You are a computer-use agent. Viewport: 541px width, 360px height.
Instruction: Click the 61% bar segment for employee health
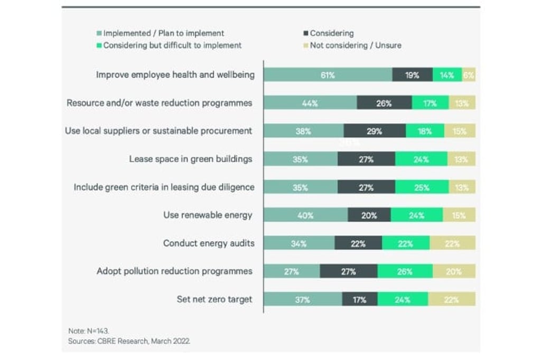click(x=328, y=75)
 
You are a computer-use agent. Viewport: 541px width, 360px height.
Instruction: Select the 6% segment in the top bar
click(x=469, y=75)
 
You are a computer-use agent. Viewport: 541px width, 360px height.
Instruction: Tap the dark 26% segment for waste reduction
click(x=384, y=103)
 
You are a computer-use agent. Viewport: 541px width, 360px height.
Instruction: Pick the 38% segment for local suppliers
click(x=303, y=131)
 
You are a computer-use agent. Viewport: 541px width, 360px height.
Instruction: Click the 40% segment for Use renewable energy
click(x=305, y=215)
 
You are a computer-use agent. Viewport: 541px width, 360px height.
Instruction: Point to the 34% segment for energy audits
click(x=299, y=243)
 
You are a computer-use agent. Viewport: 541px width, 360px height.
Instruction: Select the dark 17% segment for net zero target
click(x=360, y=299)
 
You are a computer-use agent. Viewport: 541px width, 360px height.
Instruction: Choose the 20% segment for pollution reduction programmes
click(x=454, y=271)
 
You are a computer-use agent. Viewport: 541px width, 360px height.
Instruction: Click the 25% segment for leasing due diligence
click(x=422, y=187)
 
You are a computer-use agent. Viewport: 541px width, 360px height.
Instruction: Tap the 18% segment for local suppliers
click(x=425, y=131)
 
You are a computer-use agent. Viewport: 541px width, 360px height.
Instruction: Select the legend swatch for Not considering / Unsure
click(x=306, y=45)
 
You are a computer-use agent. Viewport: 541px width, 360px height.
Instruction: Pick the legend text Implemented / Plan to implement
click(x=164, y=33)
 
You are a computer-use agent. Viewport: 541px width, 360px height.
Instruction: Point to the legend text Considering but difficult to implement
click(x=172, y=45)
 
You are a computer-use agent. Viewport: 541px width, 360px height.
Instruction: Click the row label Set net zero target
click(x=214, y=299)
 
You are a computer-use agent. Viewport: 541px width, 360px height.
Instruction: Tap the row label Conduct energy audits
click(x=209, y=243)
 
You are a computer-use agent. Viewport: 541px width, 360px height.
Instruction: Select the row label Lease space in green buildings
click(x=190, y=159)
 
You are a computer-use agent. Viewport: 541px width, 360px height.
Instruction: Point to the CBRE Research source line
click(x=129, y=341)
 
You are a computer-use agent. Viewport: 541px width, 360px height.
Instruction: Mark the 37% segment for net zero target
click(x=303, y=299)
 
